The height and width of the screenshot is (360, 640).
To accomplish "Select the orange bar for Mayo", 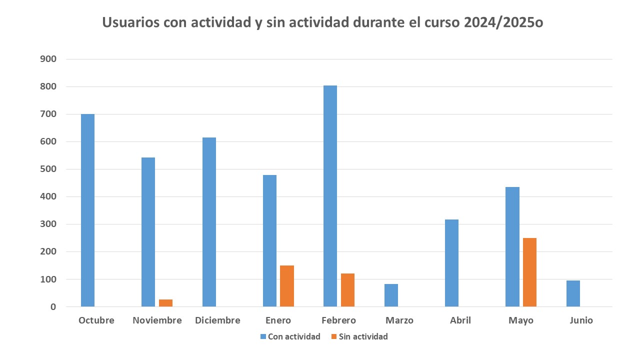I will (x=529, y=272).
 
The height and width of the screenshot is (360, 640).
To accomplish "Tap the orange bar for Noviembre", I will (x=165, y=303).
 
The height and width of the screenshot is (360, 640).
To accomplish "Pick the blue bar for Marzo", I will (x=391, y=295).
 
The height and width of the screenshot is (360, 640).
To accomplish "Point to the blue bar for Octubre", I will (x=87, y=210).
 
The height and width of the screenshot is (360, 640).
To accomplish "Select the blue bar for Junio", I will (x=573, y=293).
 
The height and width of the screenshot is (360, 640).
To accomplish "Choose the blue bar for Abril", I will (x=451, y=263).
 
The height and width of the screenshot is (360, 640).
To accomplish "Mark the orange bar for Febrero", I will (x=347, y=290).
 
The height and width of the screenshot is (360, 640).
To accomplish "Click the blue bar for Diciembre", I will (x=209, y=222).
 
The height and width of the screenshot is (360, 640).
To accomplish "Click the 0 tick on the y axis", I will (x=52, y=306).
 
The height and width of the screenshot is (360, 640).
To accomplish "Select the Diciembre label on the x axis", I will (x=217, y=320).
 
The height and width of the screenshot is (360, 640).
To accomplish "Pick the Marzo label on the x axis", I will (x=399, y=320).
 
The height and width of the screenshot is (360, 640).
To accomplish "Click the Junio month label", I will (x=581, y=320).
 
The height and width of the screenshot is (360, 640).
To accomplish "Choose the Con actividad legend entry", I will (x=294, y=336).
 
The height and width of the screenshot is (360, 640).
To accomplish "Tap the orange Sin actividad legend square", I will (x=333, y=336).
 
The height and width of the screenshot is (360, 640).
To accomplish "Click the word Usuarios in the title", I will (x=130, y=23).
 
